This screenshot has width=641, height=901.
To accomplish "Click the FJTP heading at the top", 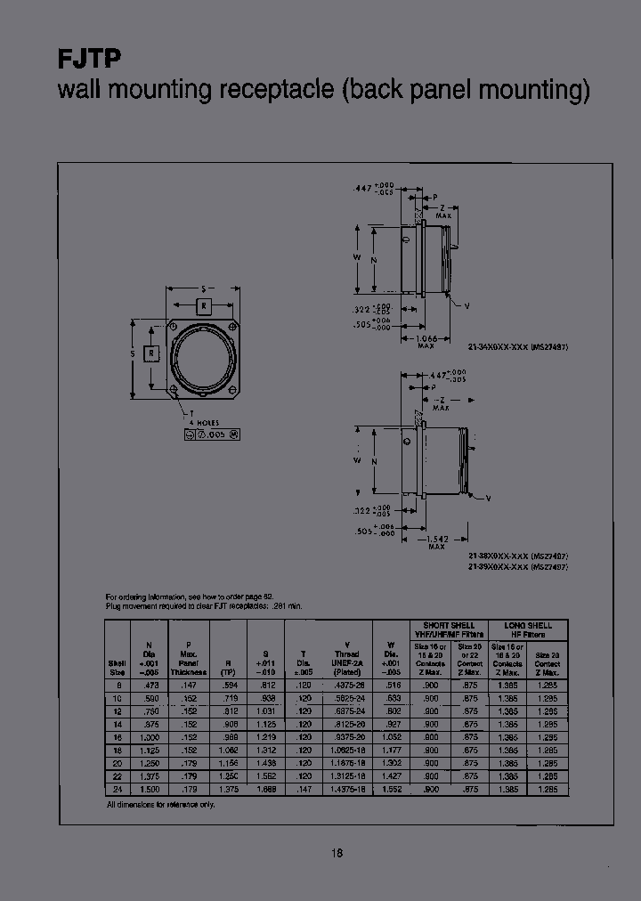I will tap(89, 60).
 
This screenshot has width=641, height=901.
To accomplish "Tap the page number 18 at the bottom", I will tap(337, 853).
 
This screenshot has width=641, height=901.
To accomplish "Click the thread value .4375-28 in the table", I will tap(347, 685).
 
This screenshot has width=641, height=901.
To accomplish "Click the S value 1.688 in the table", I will tap(265, 790).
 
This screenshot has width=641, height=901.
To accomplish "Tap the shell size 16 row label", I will tap(113, 737).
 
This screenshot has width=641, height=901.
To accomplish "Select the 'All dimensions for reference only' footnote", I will tap(160, 804).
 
